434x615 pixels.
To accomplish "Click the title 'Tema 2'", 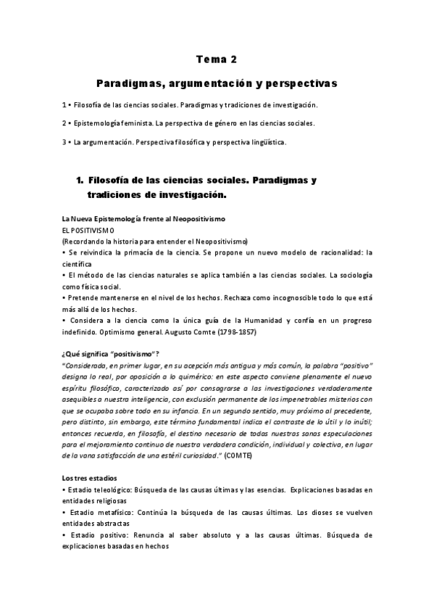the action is point(217,59).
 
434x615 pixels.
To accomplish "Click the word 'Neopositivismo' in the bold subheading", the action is point(200,218).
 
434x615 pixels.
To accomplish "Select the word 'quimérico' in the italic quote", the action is point(187,377).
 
